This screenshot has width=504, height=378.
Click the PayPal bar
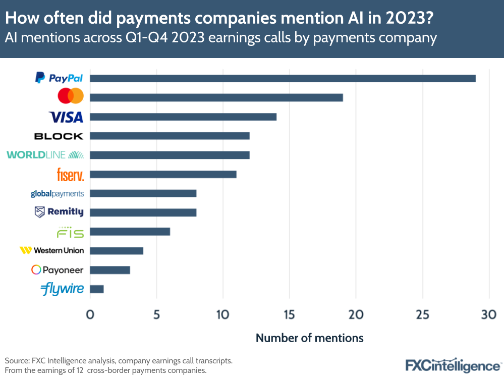283,78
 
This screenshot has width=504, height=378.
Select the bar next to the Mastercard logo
216,97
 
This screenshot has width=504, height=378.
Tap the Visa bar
183,117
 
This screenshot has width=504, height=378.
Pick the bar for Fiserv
163,174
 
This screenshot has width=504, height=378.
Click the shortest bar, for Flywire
97,289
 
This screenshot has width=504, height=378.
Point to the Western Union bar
117,251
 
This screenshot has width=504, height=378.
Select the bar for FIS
130,232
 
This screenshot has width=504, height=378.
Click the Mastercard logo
71,96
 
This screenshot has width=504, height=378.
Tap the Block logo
59,136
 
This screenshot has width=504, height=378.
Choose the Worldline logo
45,155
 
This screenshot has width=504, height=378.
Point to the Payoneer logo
58,270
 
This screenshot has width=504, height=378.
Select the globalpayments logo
57,193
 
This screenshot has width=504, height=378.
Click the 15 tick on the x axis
289,314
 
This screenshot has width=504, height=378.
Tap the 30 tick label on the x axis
488,314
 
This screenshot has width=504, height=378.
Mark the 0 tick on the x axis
90,314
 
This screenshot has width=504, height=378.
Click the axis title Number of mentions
309,338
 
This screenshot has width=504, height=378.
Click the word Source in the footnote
17,361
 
